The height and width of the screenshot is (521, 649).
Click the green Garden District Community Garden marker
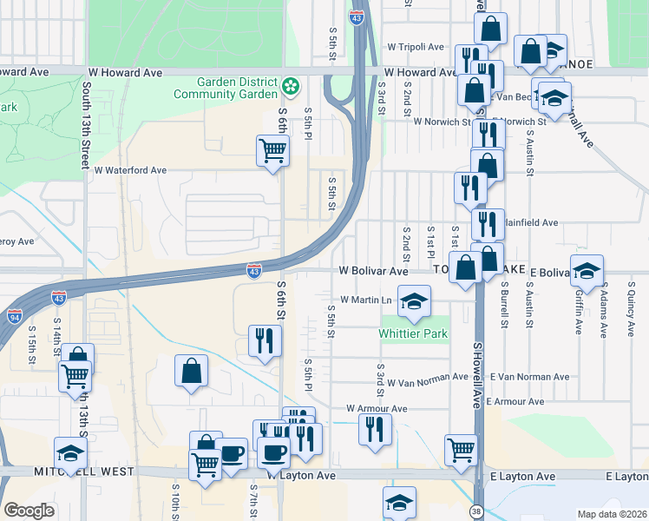click(x=291, y=87)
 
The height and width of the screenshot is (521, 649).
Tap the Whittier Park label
click(x=414, y=333)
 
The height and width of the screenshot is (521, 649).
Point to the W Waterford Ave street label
click(x=130, y=170)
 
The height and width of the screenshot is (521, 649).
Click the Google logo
click(x=29, y=511)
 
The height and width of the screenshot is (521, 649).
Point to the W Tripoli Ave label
click(x=416, y=47)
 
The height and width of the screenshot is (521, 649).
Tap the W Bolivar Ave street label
click(x=373, y=271)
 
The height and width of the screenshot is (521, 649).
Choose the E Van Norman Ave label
click(x=529, y=377)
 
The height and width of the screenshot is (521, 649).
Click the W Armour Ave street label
click(x=377, y=408)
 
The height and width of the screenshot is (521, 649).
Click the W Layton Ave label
click(x=300, y=476)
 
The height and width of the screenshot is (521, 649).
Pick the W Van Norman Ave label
click(x=429, y=380)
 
